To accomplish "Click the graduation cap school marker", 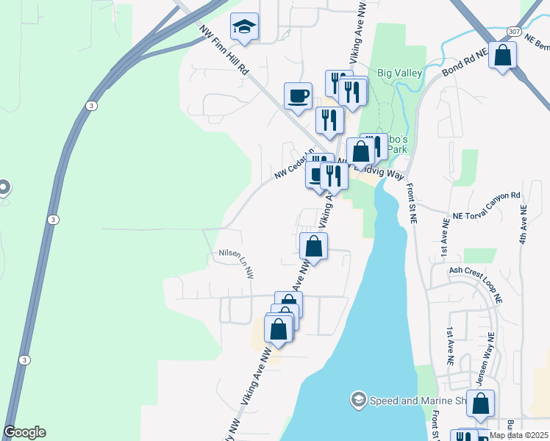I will point(244,29).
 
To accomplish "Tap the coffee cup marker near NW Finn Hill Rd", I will point(299,96).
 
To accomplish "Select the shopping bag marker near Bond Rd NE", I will point(502,56).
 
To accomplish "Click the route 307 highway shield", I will point(514,31).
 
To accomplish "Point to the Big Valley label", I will point(399,73).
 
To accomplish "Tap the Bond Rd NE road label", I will point(465,64).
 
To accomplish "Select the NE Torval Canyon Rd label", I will point(487,205).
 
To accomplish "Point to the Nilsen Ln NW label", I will point(236,262).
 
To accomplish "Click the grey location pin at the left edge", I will point(4,187).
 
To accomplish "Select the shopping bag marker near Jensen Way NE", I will point(480,404).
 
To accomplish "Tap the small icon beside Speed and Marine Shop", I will point(358,400).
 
